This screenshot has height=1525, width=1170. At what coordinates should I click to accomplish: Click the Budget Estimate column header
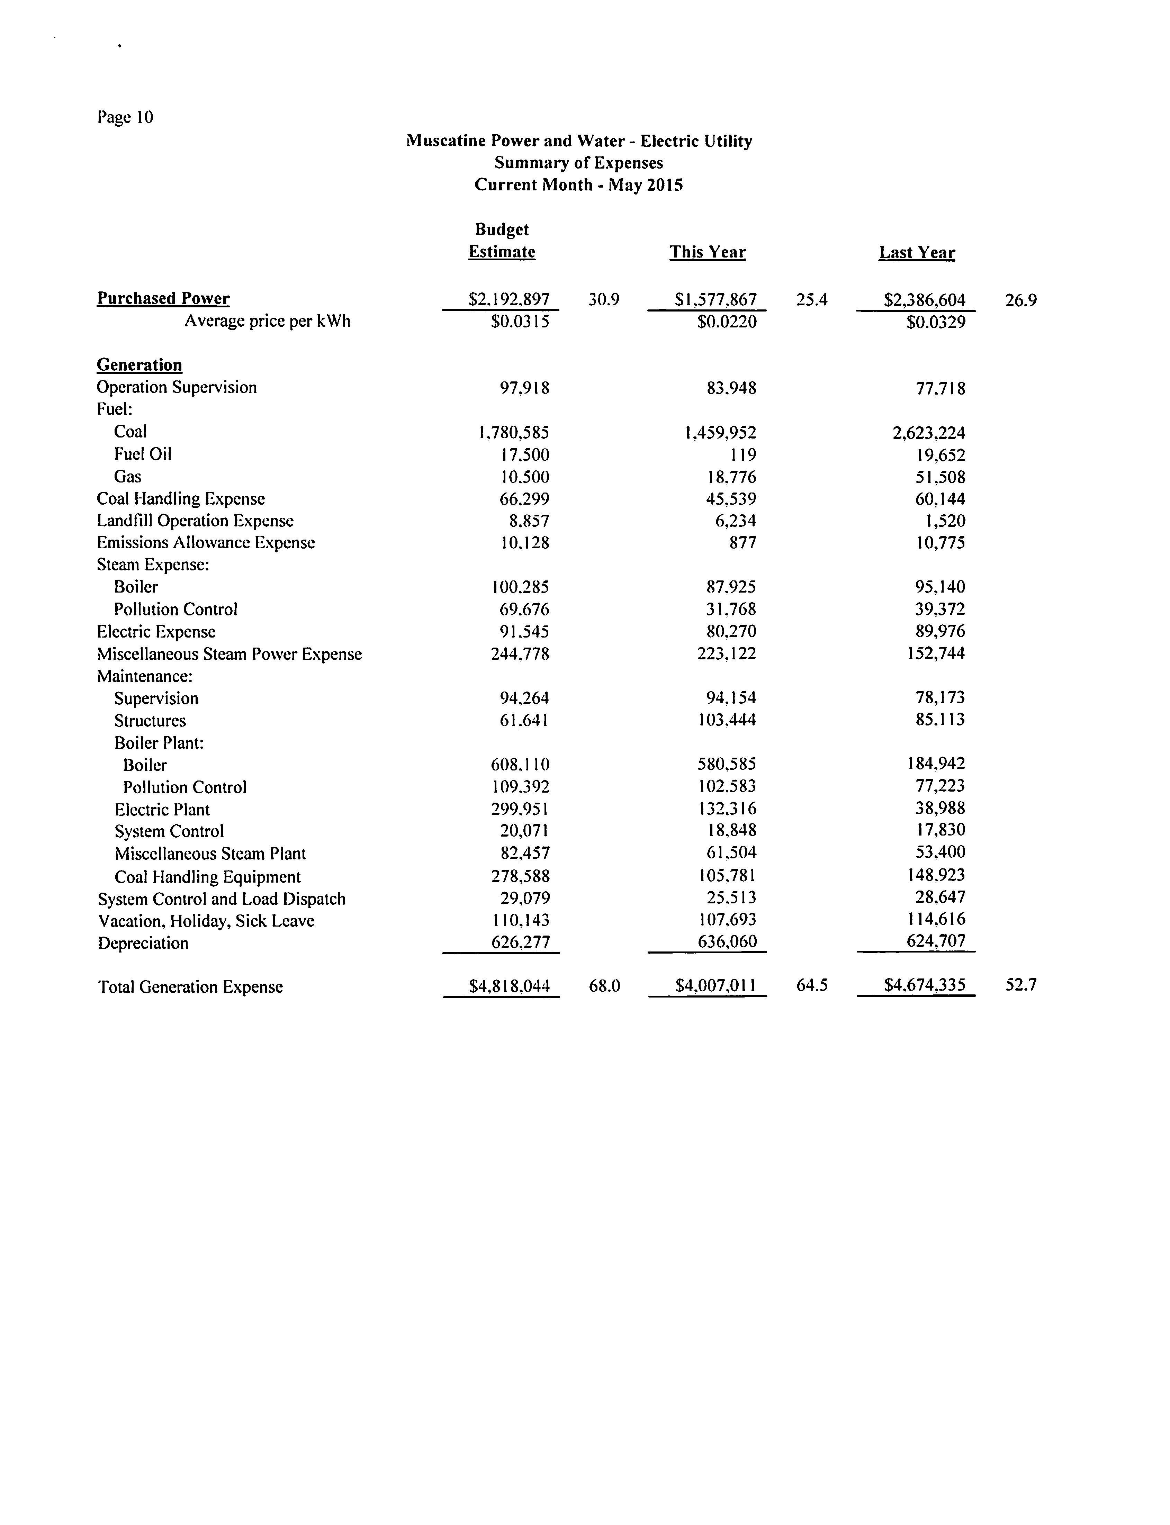pos(502,241)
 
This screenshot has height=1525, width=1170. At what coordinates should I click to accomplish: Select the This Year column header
pos(708,252)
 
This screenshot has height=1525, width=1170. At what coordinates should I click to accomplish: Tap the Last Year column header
pos(917,252)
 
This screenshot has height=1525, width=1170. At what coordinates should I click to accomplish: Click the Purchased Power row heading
pos(163,298)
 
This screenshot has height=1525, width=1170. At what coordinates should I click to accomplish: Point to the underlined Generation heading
pos(139,365)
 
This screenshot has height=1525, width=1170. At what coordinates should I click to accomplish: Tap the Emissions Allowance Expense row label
pos(206,542)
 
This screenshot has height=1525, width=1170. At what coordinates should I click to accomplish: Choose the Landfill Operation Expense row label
pos(195,521)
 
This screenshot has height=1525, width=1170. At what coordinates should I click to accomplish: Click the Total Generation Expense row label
pos(190,987)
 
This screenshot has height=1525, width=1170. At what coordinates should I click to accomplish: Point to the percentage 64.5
pos(812,985)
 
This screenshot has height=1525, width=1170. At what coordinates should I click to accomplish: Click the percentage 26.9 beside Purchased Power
pos(1021,300)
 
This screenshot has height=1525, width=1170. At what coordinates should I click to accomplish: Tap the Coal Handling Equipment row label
pos(208,877)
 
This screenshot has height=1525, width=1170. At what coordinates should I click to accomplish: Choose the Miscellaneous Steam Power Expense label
pos(229,654)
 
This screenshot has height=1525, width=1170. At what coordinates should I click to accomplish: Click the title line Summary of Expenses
pos(579,163)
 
